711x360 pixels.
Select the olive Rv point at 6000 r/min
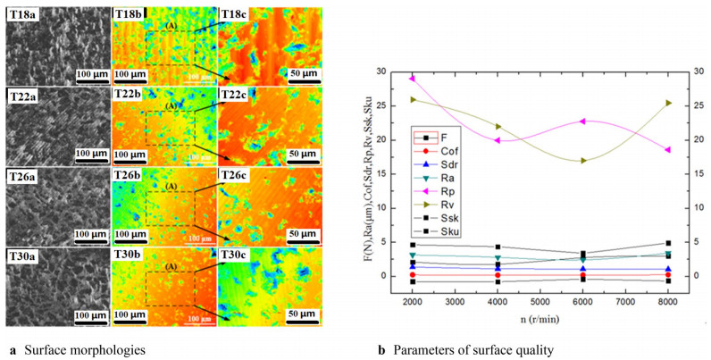coord(582,161)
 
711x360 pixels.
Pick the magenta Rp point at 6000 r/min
coord(582,121)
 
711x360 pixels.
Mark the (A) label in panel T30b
coord(171,266)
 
